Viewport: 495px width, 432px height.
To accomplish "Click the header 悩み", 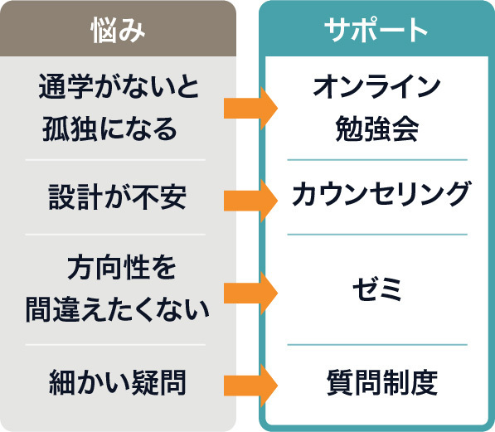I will click(x=118, y=28).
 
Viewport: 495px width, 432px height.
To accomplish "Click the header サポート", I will click(x=376, y=28).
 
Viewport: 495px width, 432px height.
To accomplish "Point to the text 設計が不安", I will click(x=116, y=197).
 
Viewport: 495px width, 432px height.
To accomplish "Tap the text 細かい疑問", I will click(x=116, y=382).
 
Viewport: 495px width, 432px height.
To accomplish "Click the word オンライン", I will click(x=376, y=86).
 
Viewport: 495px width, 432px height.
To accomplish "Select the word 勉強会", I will click(x=376, y=129).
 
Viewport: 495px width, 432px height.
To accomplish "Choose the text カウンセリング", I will click(x=381, y=195).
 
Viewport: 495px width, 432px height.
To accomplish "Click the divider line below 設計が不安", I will click(x=115, y=235).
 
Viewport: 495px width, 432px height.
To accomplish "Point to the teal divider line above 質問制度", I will click(x=377, y=344).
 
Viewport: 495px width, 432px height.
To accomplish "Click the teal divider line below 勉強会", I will click(x=377, y=159).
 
